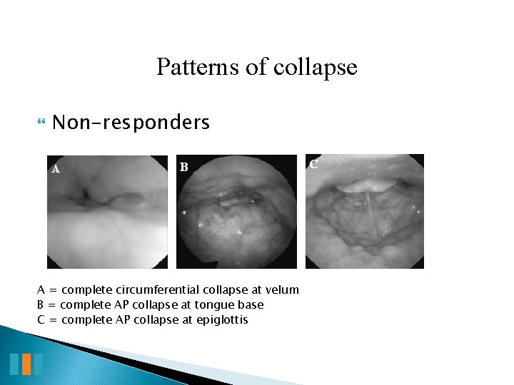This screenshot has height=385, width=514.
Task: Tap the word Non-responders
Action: click(x=131, y=123)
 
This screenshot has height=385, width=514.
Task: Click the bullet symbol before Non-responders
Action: click(x=39, y=123)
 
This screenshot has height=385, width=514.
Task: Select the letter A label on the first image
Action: click(x=54, y=170)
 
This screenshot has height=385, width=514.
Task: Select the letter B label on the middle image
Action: click(x=183, y=168)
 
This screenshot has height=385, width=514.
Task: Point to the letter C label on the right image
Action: click(x=313, y=163)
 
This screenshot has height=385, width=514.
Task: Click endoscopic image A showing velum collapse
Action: click(x=107, y=212)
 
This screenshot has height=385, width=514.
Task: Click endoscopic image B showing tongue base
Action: click(x=236, y=212)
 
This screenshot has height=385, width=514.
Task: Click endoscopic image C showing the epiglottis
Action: click(x=364, y=212)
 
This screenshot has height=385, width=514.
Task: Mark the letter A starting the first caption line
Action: click(x=41, y=289)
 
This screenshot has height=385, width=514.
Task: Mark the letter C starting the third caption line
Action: click(x=41, y=319)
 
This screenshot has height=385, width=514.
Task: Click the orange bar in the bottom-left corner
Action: click(x=26, y=364)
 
